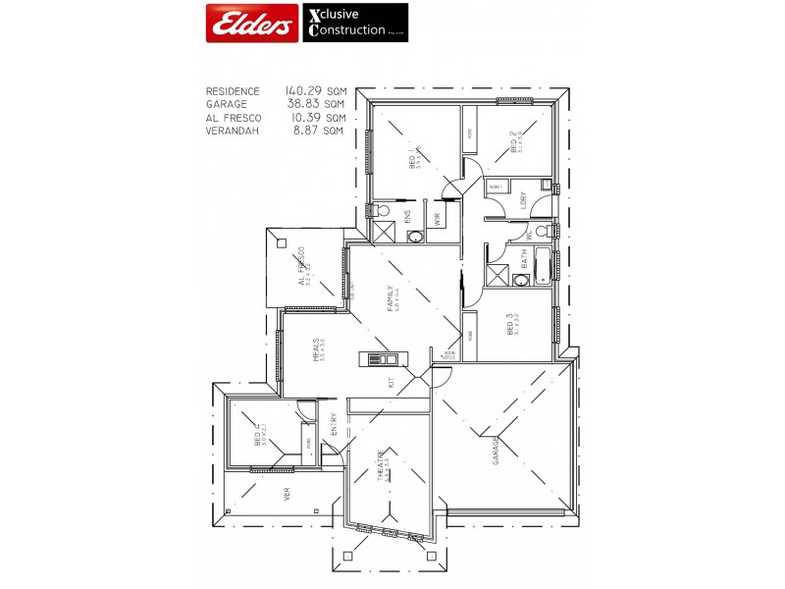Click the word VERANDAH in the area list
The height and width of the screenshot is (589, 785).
pyautogui.click(x=233, y=131)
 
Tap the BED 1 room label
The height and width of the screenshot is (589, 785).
pyautogui.click(x=411, y=158)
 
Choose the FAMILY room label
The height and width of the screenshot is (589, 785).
pyautogui.click(x=390, y=297)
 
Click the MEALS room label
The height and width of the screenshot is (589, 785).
pyautogui.click(x=316, y=350)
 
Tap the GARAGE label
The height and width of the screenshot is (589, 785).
pyautogui.click(x=497, y=450)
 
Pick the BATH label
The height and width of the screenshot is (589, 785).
pyautogui.click(x=524, y=259)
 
